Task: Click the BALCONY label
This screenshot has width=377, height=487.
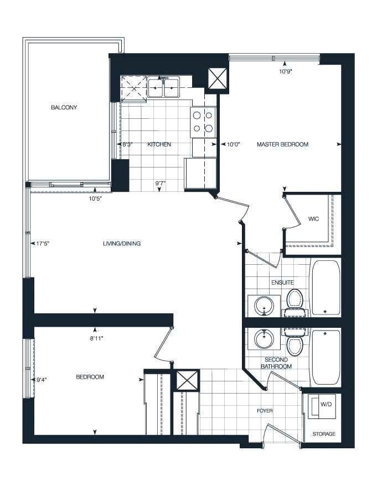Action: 64,107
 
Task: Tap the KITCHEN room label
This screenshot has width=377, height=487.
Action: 159,144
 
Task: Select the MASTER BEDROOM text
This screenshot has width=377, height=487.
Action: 282,144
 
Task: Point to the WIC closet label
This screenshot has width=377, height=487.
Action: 313,219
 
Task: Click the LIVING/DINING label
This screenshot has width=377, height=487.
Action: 122,243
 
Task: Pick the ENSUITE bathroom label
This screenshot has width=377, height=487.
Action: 282,282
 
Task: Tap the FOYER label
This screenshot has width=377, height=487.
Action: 265,411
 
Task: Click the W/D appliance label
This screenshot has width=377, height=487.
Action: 326,405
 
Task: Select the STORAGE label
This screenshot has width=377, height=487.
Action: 324,434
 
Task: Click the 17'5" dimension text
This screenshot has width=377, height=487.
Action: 43,244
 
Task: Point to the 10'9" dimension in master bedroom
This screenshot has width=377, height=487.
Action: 286,71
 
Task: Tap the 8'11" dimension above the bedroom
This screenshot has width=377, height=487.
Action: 96,338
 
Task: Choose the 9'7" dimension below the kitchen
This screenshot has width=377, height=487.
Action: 161,183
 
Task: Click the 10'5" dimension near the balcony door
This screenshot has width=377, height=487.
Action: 95,198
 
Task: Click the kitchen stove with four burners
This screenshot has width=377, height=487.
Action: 203,122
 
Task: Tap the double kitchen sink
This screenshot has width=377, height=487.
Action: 163,87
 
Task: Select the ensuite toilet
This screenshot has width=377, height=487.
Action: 295,302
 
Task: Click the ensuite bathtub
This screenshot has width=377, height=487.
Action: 326,288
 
